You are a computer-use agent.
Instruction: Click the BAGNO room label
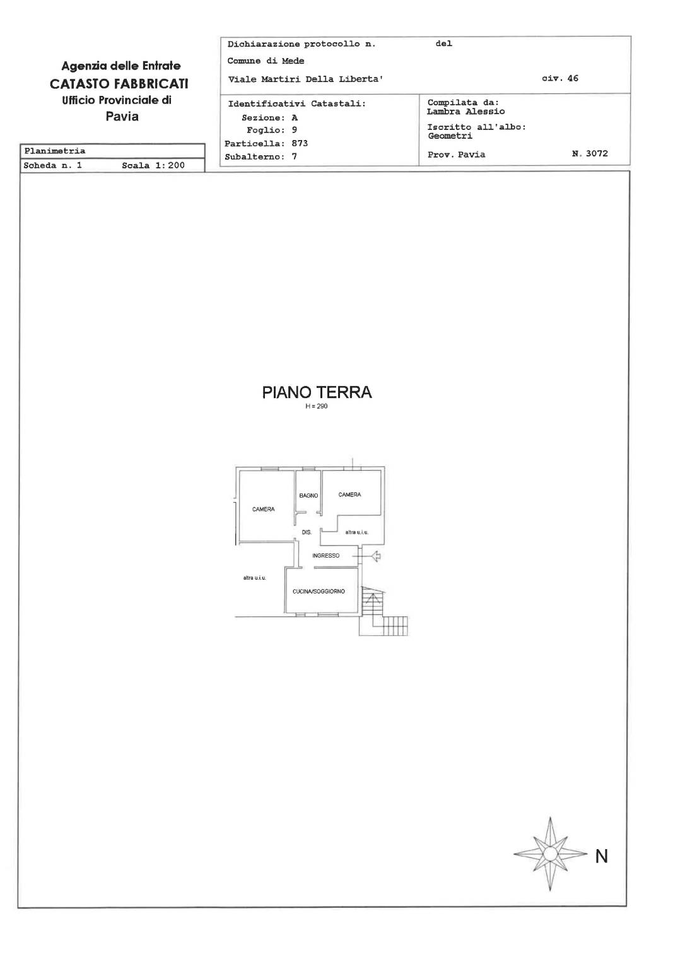point(308,495)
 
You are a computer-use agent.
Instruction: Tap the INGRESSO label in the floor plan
point(325,555)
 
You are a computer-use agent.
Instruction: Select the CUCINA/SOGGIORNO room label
point(319,591)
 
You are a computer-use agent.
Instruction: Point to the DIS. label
point(307,532)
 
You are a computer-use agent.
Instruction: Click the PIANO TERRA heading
point(317,392)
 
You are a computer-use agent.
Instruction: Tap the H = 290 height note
point(317,406)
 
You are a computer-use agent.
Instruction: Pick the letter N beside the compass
point(602,857)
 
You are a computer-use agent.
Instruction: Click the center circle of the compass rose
point(549,854)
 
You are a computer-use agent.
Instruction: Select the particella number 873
point(300,143)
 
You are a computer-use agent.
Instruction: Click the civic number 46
point(573,78)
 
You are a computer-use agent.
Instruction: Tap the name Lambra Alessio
point(465,112)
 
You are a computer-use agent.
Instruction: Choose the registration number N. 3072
point(590,153)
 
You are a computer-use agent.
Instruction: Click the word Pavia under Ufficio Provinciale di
point(122,116)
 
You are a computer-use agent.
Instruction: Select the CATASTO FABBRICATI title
point(119,83)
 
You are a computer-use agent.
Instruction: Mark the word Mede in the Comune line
point(293,61)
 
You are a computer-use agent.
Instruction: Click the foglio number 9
point(295,130)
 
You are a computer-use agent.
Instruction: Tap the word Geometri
point(450,136)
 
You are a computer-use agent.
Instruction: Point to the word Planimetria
point(55,151)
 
